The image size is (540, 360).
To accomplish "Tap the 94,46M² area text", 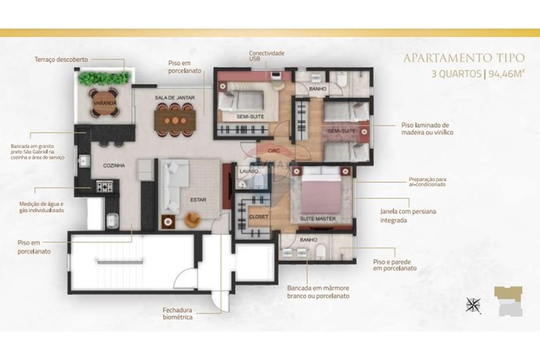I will click(x=505, y=75).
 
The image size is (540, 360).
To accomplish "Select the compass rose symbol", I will click(x=474, y=305).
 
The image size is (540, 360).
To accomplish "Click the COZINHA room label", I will click(x=115, y=166).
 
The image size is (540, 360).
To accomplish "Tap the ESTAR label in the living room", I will click(x=198, y=199).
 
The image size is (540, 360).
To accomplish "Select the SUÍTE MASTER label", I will click(x=319, y=219).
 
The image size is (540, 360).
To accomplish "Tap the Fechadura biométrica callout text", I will click(x=178, y=314).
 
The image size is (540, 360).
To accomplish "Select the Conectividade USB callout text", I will click(x=266, y=57).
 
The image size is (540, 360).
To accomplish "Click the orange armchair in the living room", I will click(x=193, y=219).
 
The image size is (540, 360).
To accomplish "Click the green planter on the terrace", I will click(x=103, y=79).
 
